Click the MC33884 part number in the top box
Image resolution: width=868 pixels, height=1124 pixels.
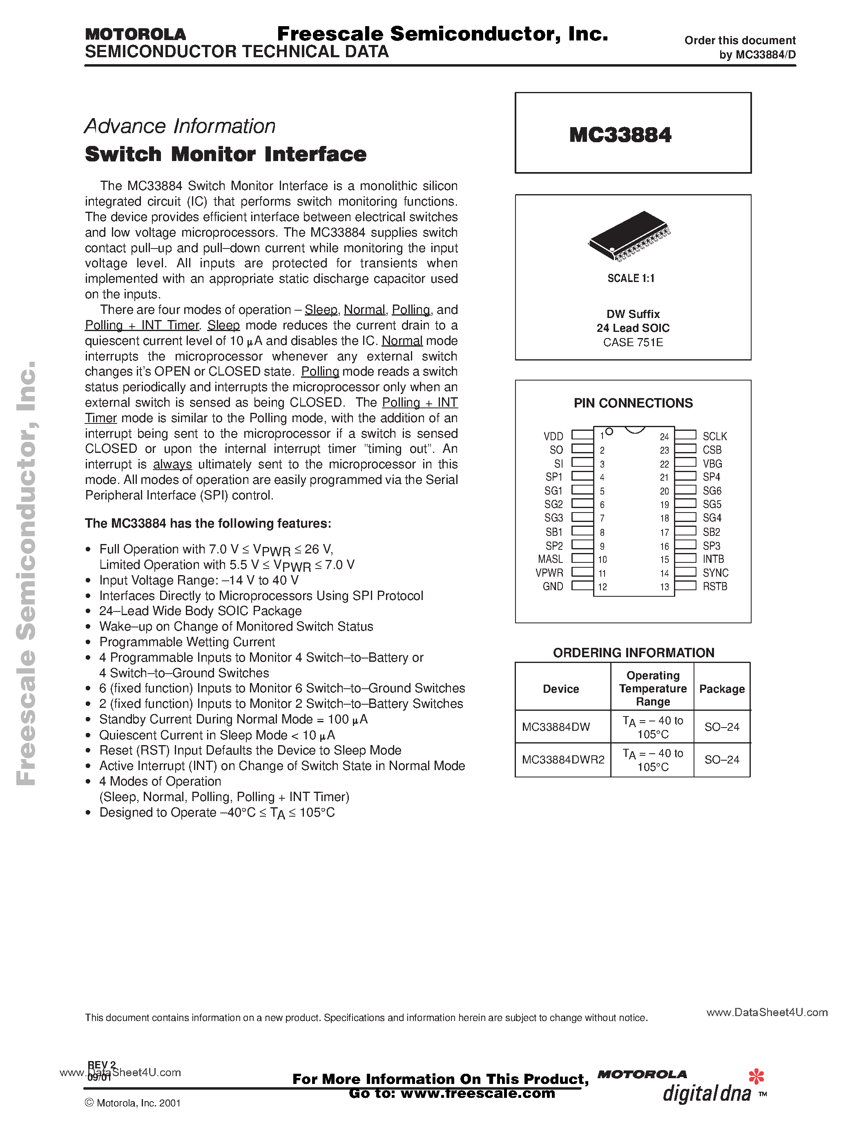620,135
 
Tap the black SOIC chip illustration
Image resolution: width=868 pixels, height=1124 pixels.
628,235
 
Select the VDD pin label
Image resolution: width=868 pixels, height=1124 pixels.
553,437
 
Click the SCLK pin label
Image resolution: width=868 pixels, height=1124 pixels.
715,437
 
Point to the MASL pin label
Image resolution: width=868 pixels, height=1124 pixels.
550,559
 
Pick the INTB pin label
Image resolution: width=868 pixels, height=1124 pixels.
713,559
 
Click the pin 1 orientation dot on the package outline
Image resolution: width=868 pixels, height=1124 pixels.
609,432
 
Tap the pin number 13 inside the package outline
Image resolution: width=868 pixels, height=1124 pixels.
664,587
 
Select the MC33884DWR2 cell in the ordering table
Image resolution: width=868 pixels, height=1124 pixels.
563,760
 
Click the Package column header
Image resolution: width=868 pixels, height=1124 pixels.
722,689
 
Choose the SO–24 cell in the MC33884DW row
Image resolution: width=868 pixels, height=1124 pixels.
722,727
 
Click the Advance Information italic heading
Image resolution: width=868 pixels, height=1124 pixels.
180,126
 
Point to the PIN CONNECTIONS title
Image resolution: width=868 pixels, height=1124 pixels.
633,403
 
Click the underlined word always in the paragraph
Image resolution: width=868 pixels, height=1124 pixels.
172,464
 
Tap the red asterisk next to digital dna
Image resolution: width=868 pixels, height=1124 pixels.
756,1076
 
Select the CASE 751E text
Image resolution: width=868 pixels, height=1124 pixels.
633,342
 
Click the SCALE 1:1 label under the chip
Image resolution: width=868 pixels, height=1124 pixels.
631,278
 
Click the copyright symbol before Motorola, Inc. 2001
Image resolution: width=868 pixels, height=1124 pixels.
89,1102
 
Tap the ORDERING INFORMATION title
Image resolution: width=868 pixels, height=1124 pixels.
634,653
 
